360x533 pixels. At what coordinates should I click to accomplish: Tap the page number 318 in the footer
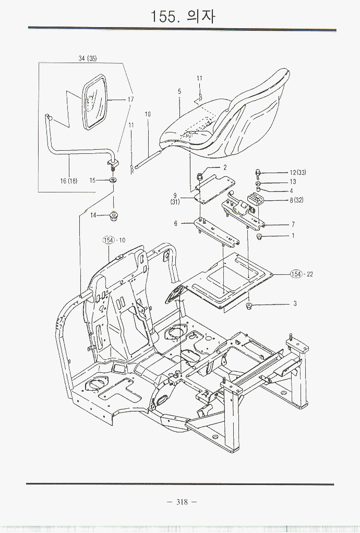coord(182,502)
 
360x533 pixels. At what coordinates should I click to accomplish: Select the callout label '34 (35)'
coord(88,58)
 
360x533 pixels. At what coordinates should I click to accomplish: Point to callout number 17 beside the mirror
coord(130,99)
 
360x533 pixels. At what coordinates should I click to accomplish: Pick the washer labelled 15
coord(113,180)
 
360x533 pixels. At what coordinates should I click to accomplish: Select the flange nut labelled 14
coord(112,215)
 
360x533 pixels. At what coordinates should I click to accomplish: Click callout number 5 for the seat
coord(179,91)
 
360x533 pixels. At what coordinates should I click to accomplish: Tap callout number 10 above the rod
coord(148,114)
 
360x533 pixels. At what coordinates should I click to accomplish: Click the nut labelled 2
coord(200,177)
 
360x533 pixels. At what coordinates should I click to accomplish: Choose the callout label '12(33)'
coord(298,173)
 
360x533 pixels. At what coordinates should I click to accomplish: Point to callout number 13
coord(293,182)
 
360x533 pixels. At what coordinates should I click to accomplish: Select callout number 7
coord(293,224)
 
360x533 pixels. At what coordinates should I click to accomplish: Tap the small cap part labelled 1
coord(259,238)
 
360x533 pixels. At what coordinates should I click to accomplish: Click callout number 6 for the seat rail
coord(176,223)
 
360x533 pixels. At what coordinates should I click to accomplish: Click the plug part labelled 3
coord(250,306)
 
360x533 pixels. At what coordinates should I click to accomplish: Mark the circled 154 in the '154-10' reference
coord(108,240)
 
